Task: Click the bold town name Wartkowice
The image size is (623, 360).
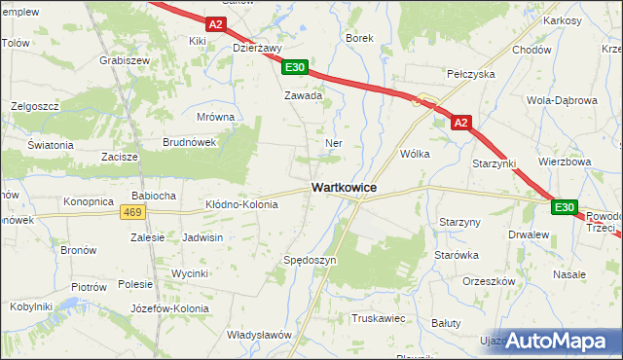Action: [x=344, y=187]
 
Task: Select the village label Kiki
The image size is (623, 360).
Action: [x=199, y=42]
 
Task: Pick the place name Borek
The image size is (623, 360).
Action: [x=360, y=38]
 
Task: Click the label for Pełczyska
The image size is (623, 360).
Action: [x=470, y=74]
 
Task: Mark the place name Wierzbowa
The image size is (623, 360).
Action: [x=565, y=162]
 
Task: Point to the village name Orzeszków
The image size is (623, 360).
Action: [x=489, y=281]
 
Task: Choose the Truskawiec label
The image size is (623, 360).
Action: [x=378, y=317]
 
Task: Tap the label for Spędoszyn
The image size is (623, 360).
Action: [x=309, y=261]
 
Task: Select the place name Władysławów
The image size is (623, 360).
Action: [x=260, y=335]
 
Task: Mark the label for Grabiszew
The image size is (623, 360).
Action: [x=124, y=59]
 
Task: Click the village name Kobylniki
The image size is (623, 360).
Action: [x=29, y=306]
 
